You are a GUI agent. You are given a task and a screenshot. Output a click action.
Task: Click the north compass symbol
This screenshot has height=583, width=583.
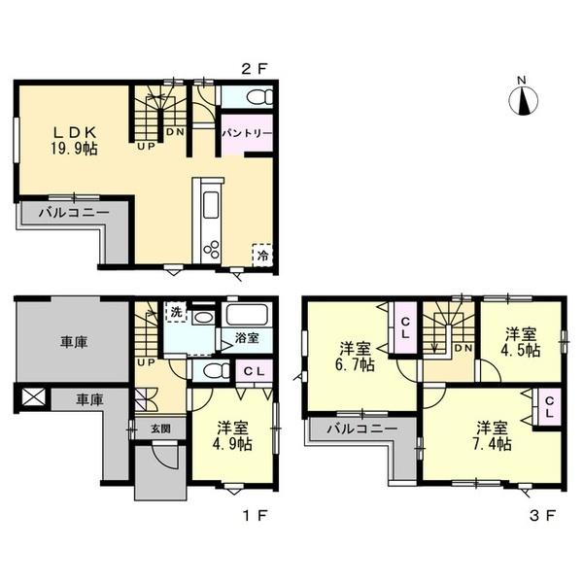[x=523, y=97]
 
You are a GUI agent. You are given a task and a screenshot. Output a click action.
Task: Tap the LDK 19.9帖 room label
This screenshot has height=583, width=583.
[x=75, y=141]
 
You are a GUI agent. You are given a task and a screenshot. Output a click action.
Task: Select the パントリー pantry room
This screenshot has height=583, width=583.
[x=247, y=133]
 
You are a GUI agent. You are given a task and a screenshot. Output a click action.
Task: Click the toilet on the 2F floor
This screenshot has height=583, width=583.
[x=259, y=96]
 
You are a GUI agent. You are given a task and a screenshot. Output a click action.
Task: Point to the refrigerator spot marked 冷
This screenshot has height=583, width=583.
[x=262, y=255]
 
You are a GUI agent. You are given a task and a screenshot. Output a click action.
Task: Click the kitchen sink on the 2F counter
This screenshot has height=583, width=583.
[x=210, y=206]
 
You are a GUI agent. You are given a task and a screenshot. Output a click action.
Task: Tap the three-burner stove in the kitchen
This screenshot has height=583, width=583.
[x=211, y=248]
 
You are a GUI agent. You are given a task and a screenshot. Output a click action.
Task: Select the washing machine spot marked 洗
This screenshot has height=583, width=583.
[x=176, y=312]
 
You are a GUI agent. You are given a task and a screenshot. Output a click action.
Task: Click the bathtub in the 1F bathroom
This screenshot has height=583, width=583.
[x=247, y=315]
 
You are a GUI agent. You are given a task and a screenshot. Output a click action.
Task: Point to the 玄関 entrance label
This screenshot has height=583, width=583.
[x=160, y=429]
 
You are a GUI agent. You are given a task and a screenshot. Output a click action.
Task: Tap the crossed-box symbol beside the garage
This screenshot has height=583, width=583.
[x=33, y=396]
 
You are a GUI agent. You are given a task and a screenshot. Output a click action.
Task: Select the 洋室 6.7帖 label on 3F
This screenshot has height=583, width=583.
[x=355, y=357]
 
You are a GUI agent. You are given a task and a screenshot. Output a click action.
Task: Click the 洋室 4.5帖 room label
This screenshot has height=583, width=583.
[x=521, y=342]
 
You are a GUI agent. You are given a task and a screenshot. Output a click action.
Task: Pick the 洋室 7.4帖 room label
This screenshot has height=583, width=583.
[x=492, y=435]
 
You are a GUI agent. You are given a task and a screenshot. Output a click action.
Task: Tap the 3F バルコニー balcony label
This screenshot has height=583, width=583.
[x=362, y=429]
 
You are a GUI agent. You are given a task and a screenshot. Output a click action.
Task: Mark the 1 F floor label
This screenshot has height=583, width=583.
[x=256, y=515]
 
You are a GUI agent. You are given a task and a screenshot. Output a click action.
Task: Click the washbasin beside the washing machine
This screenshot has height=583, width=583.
[x=203, y=318]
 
